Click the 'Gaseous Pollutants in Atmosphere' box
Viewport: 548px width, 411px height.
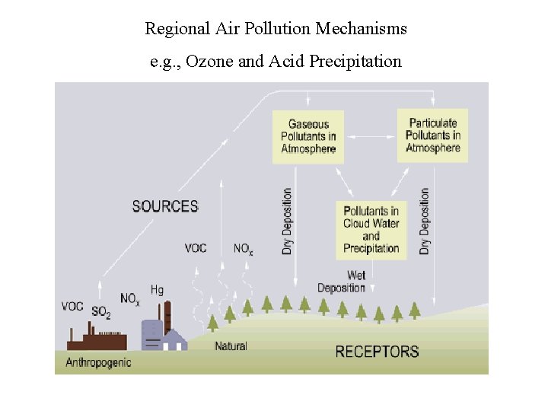(x=308, y=136)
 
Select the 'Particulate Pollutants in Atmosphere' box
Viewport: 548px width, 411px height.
(x=432, y=135)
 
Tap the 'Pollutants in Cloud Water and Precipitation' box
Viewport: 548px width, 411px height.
(x=371, y=229)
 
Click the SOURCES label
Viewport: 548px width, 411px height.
(x=165, y=206)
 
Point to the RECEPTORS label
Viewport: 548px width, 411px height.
(x=377, y=352)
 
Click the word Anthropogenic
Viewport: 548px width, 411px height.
(x=98, y=362)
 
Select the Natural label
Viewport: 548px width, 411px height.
(x=231, y=346)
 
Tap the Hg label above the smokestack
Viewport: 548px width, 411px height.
(x=157, y=290)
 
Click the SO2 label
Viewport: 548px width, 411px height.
(x=100, y=312)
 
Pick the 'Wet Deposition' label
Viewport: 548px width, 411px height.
(x=342, y=282)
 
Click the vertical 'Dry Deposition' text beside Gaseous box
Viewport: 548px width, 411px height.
(x=288, y=221)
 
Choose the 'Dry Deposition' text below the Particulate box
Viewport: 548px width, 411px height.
(x=425, y=221)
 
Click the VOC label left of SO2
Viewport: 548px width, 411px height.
(x=72, y=307)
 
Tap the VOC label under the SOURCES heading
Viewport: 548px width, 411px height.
(x=196, y=248)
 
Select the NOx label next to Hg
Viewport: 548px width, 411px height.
(x=129, y=300)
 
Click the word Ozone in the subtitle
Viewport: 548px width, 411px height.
(x=209, y=62)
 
